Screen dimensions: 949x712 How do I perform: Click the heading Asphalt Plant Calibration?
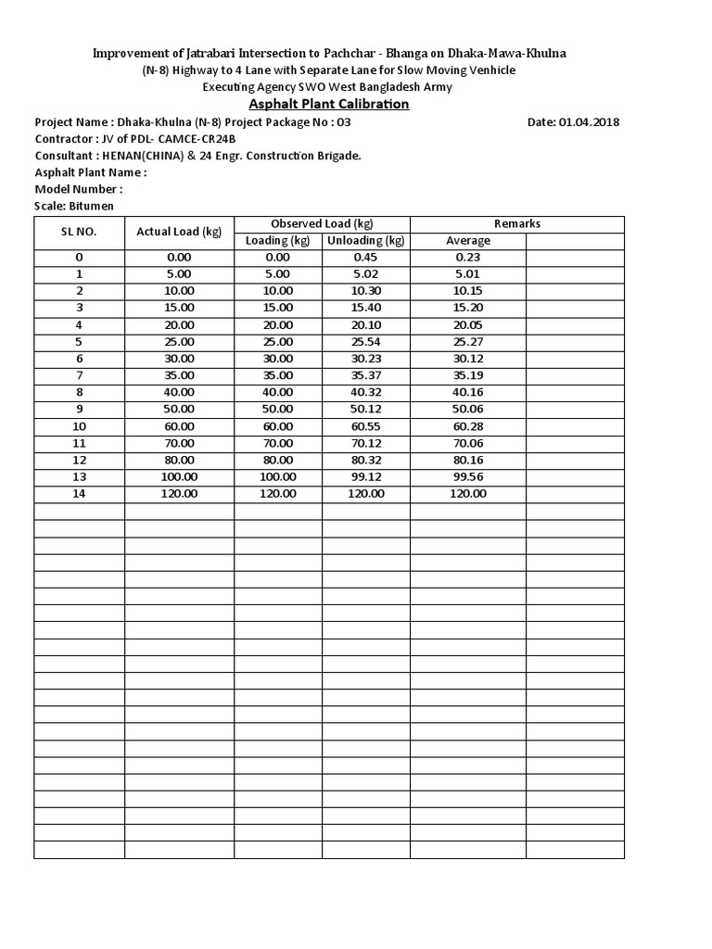point(329,104)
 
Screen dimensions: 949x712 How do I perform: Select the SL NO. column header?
point(80,232)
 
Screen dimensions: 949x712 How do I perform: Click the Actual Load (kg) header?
point(179,232)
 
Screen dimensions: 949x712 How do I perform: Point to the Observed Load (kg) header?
point(322,223)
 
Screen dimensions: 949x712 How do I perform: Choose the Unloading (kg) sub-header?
point(366,241)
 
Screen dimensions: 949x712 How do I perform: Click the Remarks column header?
point(517,223)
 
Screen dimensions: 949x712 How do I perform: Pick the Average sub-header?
point(468,241)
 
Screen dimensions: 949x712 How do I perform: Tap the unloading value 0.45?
point(366,258)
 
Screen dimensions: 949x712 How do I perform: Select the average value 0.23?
point(468,258)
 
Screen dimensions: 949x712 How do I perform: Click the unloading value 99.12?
point(366,476)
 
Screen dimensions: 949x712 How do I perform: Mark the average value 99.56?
point(468,476)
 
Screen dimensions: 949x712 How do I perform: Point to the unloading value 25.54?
point(366,341)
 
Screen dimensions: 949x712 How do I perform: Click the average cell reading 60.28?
point(468,425)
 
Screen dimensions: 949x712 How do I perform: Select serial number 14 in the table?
point(80,493)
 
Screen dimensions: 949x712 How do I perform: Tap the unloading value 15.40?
point(366,308)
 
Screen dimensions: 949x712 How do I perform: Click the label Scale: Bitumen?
point(74,206)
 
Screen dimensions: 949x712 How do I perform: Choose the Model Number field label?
point(79,189)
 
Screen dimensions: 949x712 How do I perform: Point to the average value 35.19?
point(468,375)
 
